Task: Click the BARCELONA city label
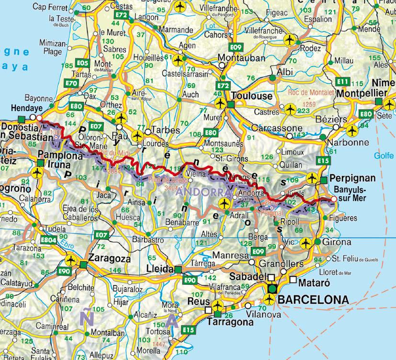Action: click(x=313, y=299)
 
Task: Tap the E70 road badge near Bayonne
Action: click(x=71, y=83)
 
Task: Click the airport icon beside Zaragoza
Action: click(x=72, y=260)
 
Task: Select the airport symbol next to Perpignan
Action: click(x=312, y=179)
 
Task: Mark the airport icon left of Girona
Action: click(x=305, y=244)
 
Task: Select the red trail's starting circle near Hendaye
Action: click(x=39, y=117)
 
